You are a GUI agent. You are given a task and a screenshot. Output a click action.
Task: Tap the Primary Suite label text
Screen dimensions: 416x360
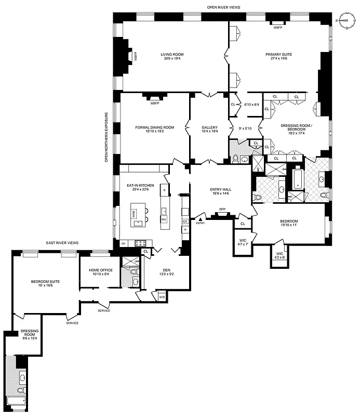[279, 57]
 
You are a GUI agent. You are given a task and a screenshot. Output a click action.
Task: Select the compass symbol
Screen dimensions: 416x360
[345, 20]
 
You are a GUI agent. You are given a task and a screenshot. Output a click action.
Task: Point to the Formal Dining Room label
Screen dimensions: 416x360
[150, 129]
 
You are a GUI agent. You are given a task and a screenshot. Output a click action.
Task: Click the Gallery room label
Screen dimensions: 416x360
[209, 129]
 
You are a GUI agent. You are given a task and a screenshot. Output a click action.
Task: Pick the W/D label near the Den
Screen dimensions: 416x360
[161, 297]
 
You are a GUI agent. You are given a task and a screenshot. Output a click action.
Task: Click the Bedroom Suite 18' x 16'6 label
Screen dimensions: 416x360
[45, 283]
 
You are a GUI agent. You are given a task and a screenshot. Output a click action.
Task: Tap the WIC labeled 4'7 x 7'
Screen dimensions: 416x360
[242, 242]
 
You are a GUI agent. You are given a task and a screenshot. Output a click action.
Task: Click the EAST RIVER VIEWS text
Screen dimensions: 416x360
[62, 243]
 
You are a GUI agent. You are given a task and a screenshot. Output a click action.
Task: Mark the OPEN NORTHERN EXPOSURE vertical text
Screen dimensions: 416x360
[106, 137]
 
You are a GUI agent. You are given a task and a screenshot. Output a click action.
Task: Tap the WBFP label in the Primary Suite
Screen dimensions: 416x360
[278, 27]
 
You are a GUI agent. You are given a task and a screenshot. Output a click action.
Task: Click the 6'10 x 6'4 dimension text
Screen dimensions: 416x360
[251, 105]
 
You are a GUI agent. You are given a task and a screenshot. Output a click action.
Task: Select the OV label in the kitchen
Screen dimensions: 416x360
[124, 243]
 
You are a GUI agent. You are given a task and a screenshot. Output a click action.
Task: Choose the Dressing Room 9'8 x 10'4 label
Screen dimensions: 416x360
[29, 334]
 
